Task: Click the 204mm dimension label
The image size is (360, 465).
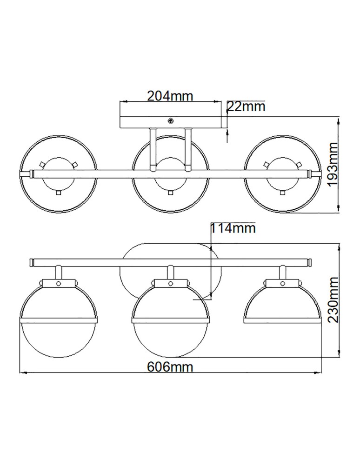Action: click(x=170, y=96)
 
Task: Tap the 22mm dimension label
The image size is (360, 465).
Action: click(x=246, y=106)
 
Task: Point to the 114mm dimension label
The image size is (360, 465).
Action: click(x=233, y=228)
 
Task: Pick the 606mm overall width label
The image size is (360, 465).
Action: click(x=170, y=366)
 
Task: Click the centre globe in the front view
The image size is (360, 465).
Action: click(x=170, y=321)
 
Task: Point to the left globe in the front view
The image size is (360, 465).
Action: click(x=59, y=321)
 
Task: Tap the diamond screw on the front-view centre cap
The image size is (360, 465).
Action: click(x=170, y=283)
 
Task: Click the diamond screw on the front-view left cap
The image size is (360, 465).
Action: click(x=59, y=283)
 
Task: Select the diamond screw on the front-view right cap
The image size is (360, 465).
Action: click(x=282, y=283)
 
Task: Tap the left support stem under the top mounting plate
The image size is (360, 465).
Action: click(x=153, y=149)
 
